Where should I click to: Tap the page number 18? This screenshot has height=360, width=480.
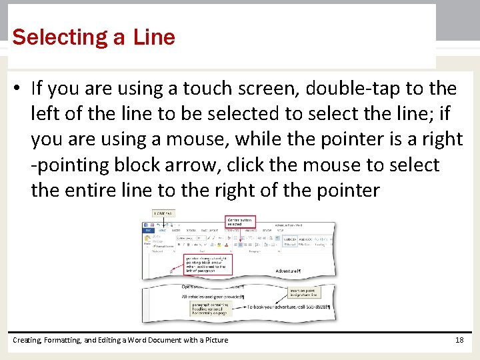point(459,340)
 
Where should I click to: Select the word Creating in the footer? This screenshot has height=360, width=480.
point(27,340)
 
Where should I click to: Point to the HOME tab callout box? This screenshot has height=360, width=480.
point(163,213)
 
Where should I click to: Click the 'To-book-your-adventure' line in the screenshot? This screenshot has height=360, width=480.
point(289,307)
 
